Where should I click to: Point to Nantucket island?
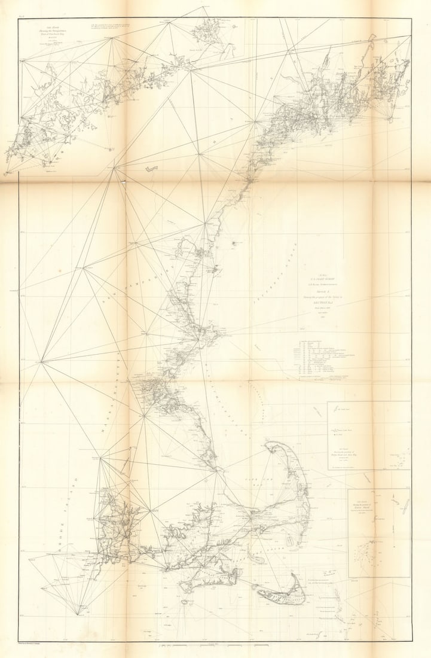[x=281, y=595]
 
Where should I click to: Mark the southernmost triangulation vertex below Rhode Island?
[x=78, y=614]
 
